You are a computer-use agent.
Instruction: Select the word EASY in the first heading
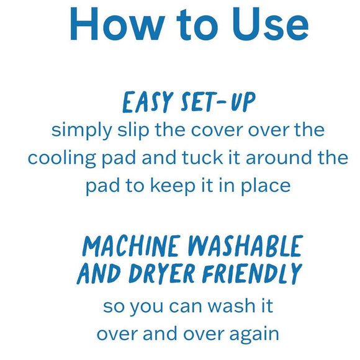145,102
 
